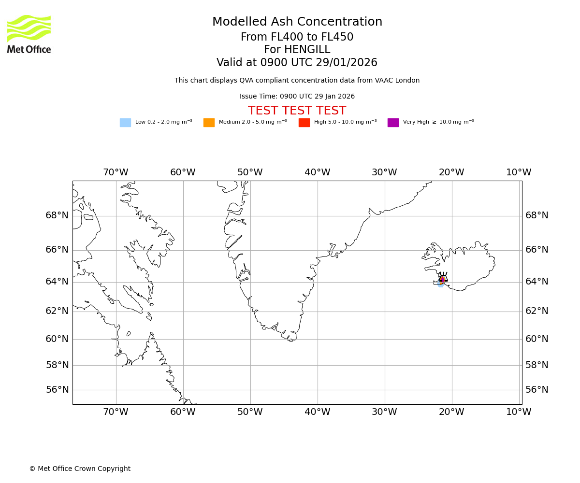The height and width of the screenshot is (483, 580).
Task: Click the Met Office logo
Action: click(29, 34)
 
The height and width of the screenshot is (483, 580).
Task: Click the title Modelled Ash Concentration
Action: click(297, 22)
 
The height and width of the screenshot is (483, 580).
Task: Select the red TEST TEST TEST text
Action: click(297, 111)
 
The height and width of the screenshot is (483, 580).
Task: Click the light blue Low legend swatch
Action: click(125, 123)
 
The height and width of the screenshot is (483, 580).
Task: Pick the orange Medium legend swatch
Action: click(209, 123)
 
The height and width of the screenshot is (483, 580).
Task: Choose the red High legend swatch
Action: click(304, 123)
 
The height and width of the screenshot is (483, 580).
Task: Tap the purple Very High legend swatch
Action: click(393, 123)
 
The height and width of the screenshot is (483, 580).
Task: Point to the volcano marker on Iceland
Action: click(443, 278)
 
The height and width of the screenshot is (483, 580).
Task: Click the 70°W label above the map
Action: click(116, 172)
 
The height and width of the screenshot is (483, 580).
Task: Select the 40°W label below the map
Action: click(318, 412)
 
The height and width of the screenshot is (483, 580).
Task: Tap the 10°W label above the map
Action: click(519, 172)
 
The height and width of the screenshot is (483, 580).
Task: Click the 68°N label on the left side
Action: click(57, 215)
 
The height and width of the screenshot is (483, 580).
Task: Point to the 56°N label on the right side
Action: click(537, 390)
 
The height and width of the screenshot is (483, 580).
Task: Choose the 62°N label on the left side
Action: click(57, 311)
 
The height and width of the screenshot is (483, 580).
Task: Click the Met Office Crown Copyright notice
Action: click(80, 469)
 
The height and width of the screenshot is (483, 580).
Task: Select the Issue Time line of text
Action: click(297, 97)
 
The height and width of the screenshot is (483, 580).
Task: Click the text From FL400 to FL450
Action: click(297, 37)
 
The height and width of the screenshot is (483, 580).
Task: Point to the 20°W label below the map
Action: click(451, 412)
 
